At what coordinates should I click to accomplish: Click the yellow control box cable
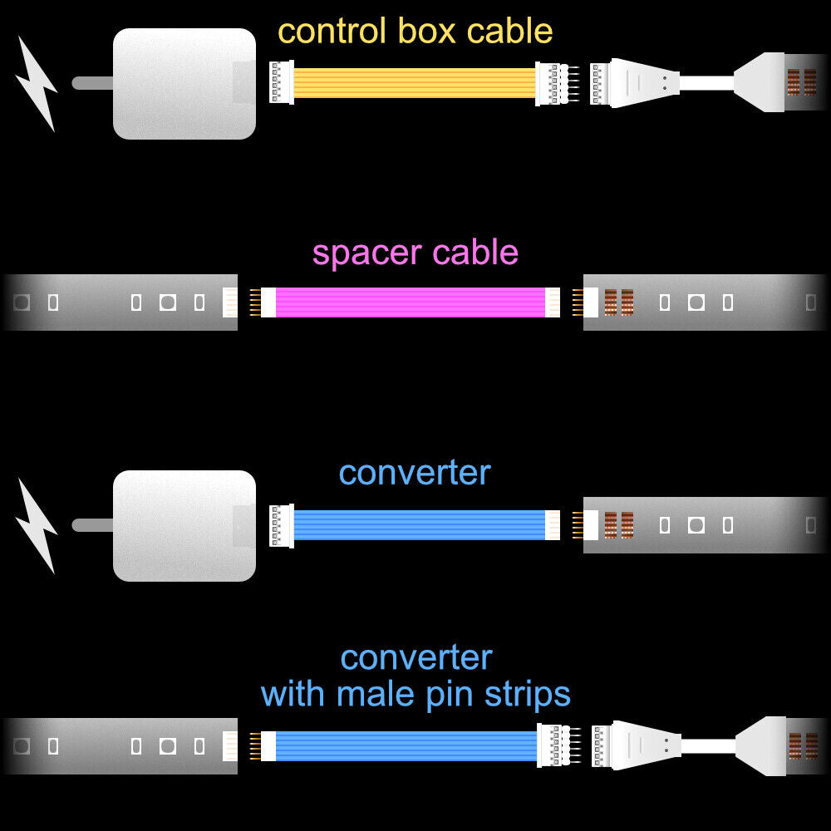414,83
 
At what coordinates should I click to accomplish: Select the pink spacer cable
410,302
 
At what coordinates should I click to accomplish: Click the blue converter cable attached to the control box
420,525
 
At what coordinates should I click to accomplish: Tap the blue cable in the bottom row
406,745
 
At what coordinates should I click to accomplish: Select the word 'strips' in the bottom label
529,695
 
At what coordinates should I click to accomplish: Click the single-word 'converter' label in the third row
415,473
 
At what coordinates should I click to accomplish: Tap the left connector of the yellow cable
281,83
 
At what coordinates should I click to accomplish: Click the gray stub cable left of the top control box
91,83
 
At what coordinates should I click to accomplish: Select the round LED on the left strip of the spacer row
167,302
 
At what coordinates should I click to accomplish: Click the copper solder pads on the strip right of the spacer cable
618,302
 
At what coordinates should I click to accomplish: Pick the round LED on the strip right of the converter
696,525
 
